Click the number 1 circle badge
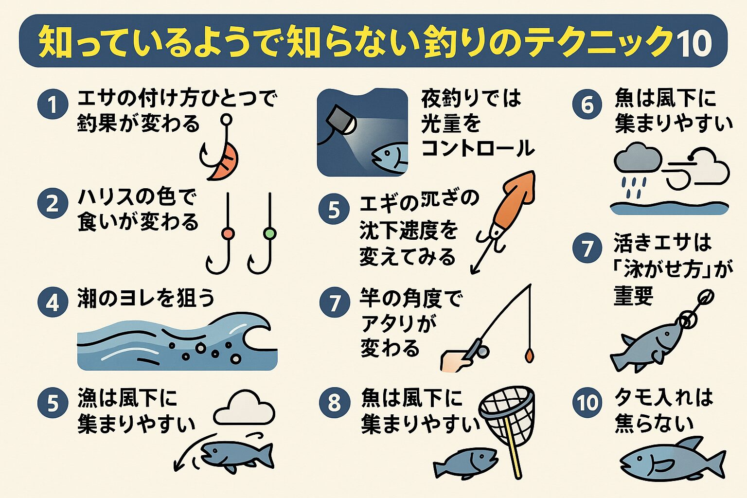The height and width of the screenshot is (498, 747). click(x=53, y=104)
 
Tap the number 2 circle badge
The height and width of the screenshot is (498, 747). click(x=53, y=203)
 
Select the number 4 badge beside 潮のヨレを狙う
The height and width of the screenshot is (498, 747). click(x=53, y=302)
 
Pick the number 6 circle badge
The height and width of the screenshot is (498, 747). click(x=587, y=104)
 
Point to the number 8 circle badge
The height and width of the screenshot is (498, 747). click(x=334, y=403)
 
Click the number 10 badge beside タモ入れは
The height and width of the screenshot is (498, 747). click(x=587, y=403)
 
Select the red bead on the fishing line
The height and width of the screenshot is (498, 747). click(x=228, y=233)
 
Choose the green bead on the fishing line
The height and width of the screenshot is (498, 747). click(x=269, y=233)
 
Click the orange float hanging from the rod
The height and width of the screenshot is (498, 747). click(x=529, y=355)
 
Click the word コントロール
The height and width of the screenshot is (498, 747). click(x=478, y=148)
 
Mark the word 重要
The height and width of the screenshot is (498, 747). click(x=633, y=296)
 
